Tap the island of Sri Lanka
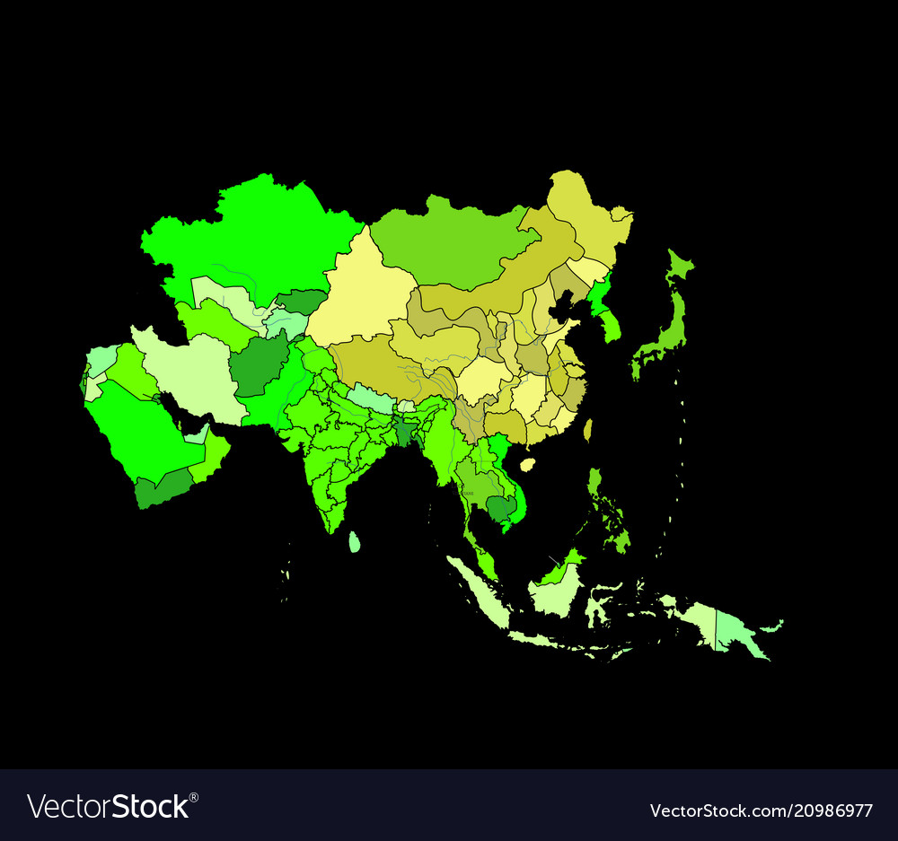coord(355,541)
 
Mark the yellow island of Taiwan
coord(588,430)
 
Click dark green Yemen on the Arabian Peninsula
coord(162,489)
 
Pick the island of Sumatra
coord(476,588)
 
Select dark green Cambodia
coord(500,509)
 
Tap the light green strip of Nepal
coord(367,396)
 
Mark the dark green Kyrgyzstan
coord(301,302)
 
